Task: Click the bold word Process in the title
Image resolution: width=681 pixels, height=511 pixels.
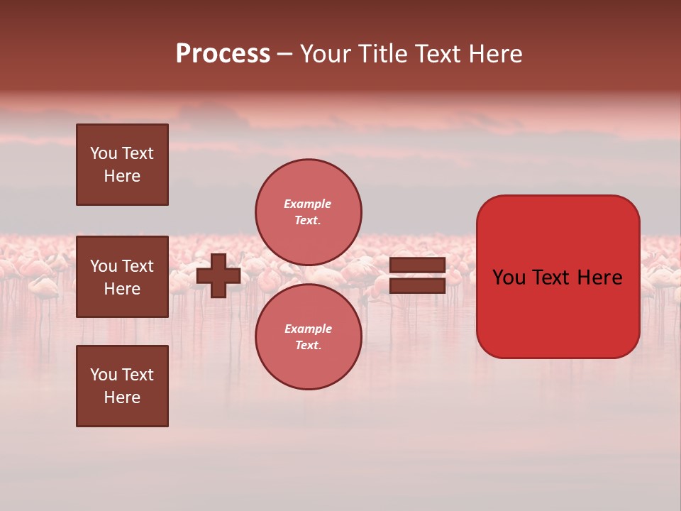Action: click(223, 54)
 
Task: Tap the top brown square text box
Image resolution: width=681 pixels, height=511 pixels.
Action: click(122, 165)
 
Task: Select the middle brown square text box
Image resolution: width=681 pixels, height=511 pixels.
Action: click(122, 277)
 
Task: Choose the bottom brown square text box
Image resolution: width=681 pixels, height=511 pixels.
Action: click(122, 386)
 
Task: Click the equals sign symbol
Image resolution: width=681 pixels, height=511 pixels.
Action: click(418, 275)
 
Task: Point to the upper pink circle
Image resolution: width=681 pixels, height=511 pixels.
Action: click(309, 211)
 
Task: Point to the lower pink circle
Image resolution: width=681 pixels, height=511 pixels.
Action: click(309, 336)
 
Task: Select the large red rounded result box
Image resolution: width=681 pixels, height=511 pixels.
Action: click(558, 277)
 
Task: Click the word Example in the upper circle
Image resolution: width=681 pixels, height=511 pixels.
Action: click(307, 204)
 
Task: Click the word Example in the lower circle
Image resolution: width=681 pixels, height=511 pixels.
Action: click(308, 329)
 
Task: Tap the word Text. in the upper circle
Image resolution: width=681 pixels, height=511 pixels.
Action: click(307, 220)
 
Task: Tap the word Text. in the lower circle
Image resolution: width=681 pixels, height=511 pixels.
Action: click(308, 345)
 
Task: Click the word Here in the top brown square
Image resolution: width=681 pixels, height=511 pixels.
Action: click(122, 176)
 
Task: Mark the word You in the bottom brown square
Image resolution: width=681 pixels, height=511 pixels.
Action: click(104, 375)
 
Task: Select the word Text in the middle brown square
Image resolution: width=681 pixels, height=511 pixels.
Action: click(138, 266)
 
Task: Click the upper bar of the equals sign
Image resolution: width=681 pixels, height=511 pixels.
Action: click(418, 265)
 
